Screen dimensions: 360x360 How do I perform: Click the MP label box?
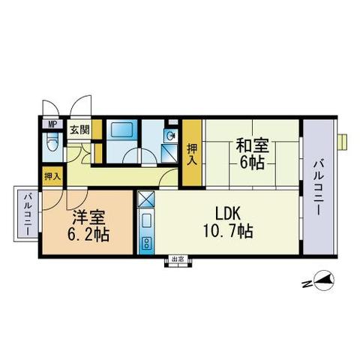[x=52, y=124]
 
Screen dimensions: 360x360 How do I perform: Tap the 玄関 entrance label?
[x=79, y=130]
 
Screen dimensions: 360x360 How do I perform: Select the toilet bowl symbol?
[x=52, y=142]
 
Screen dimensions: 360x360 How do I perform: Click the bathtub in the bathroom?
[x=121, y=130]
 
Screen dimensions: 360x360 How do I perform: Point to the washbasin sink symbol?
[x=171, y=136]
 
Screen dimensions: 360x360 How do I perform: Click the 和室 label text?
[x=253, y=145]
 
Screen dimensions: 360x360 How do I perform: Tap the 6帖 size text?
[x=252, y=163]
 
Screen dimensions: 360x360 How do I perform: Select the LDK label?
[x=228, y=214]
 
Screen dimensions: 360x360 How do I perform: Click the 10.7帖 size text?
[x=228, y=231]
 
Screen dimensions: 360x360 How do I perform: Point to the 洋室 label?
[x=89, y=217]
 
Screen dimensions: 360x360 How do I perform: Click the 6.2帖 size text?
[x=88, y=234]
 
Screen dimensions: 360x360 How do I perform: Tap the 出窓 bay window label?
[x=178, y=259]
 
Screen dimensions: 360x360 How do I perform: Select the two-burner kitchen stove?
[x=145, y=243]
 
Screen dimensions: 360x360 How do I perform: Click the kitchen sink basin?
[x=146, y=220]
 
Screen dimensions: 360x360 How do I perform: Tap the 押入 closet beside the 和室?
[x=192, y=153]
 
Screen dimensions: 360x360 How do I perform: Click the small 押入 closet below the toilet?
[x=52, y=177]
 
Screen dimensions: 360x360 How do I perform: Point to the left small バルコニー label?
[x=27, y=214]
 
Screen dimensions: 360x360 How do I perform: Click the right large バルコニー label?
[x=319, y=188]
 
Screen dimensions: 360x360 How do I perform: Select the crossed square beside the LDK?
[x=146, y=199]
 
